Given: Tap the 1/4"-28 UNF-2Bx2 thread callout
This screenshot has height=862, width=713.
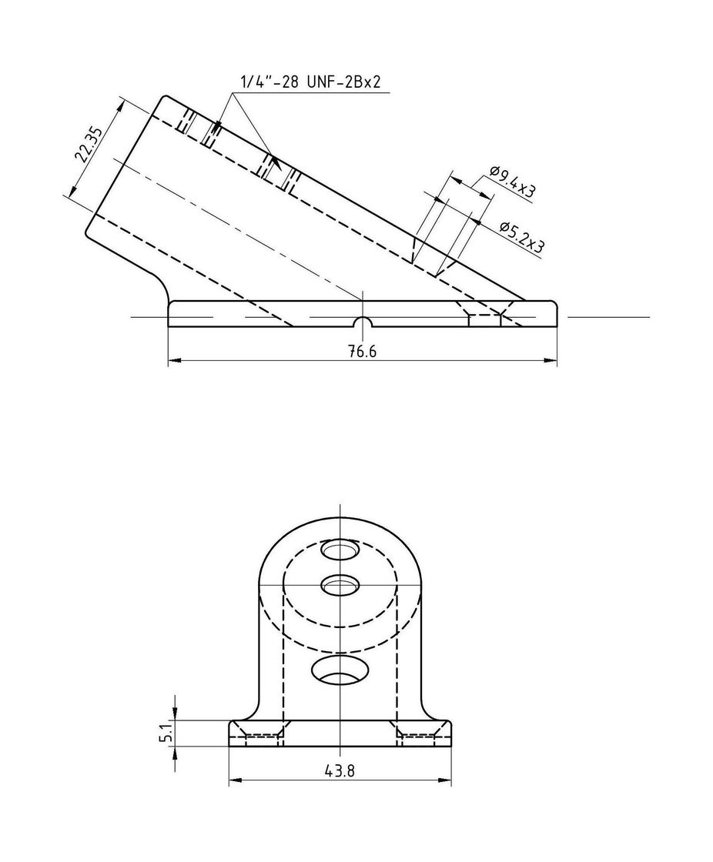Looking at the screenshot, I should [x=310, y=82].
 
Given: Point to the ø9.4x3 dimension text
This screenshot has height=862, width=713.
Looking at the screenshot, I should [x=512, y=182].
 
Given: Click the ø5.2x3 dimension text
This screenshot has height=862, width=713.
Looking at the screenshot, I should [x=521, y=236].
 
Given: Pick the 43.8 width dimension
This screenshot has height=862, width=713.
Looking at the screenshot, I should [x=340, y=770].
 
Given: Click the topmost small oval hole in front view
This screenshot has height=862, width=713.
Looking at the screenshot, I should [x=340, y=550].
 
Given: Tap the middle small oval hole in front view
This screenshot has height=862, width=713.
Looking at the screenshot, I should [x=340, y=586].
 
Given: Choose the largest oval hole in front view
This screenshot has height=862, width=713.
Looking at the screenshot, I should [x=340, y=670].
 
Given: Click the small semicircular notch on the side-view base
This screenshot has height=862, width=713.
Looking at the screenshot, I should [x=362, y=322].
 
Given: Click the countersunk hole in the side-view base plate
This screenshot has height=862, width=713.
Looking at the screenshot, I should [x=484, y=315].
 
